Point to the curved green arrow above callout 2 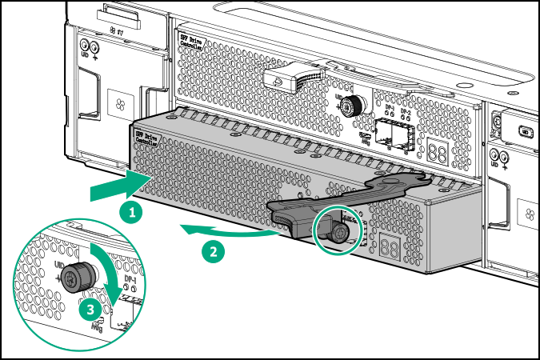point(228,233)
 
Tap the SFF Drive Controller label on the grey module point(147,138)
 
